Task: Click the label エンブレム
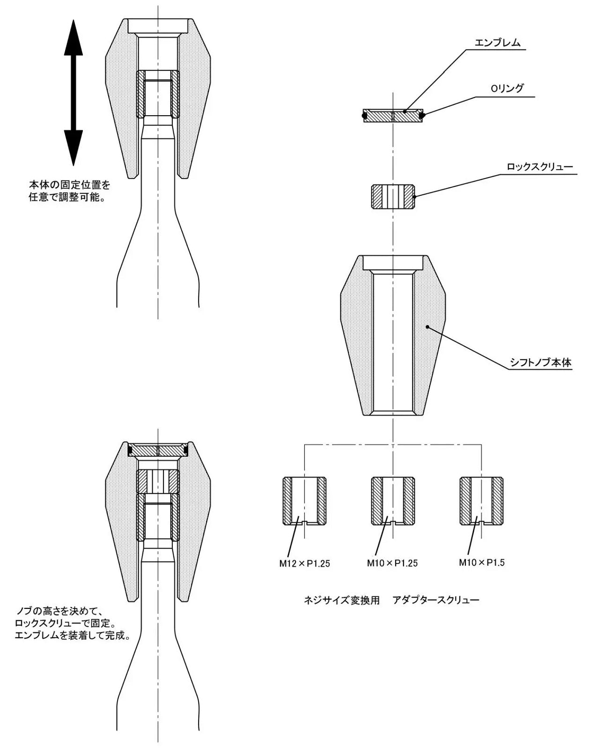pyautogui.click(x=497, y=43)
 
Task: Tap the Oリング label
pyautogui.click(x=507, y=89)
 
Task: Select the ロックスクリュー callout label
pyautogui.click(x=540, y=167)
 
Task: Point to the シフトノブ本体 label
pyautogui.click(x=540, y=363)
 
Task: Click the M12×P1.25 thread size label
pyautogui.click(x=304, y=563)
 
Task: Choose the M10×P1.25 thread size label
pyautogui.click(x=392, y=563)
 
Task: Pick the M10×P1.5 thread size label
pyautogui.click(x=481, y=563)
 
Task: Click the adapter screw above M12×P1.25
pyautogui.click(x=304, y=501)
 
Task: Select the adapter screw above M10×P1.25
pyautogui.click(x=393, y=501)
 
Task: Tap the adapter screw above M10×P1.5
pyautogui.click(x=481, y=501)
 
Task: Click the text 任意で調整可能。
pyautogui.click(x=66, y=197)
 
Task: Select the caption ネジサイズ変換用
pyautogui.click(x=341, y=600)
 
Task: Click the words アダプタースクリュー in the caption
pyautogui.click(x=435, y=600)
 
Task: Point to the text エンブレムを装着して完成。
pyautogui.click(x=72, y=636)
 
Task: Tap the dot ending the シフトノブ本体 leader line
pyautogui.click(x=427, y=327)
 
